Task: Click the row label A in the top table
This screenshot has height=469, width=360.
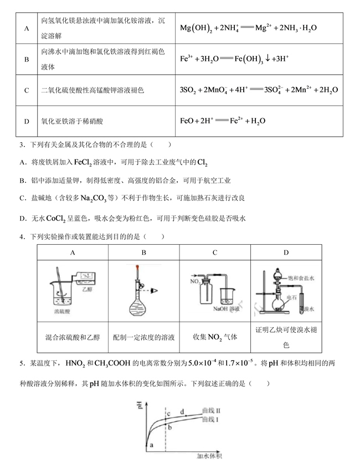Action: [27, 28]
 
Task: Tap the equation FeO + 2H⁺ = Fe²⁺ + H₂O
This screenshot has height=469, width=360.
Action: [223, 120]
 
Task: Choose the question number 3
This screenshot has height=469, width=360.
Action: [20, 145]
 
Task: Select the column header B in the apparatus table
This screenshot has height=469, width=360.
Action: [144, 253]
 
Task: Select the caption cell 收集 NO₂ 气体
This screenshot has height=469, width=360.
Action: [215, 336]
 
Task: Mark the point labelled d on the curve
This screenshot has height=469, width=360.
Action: [183, 413]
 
